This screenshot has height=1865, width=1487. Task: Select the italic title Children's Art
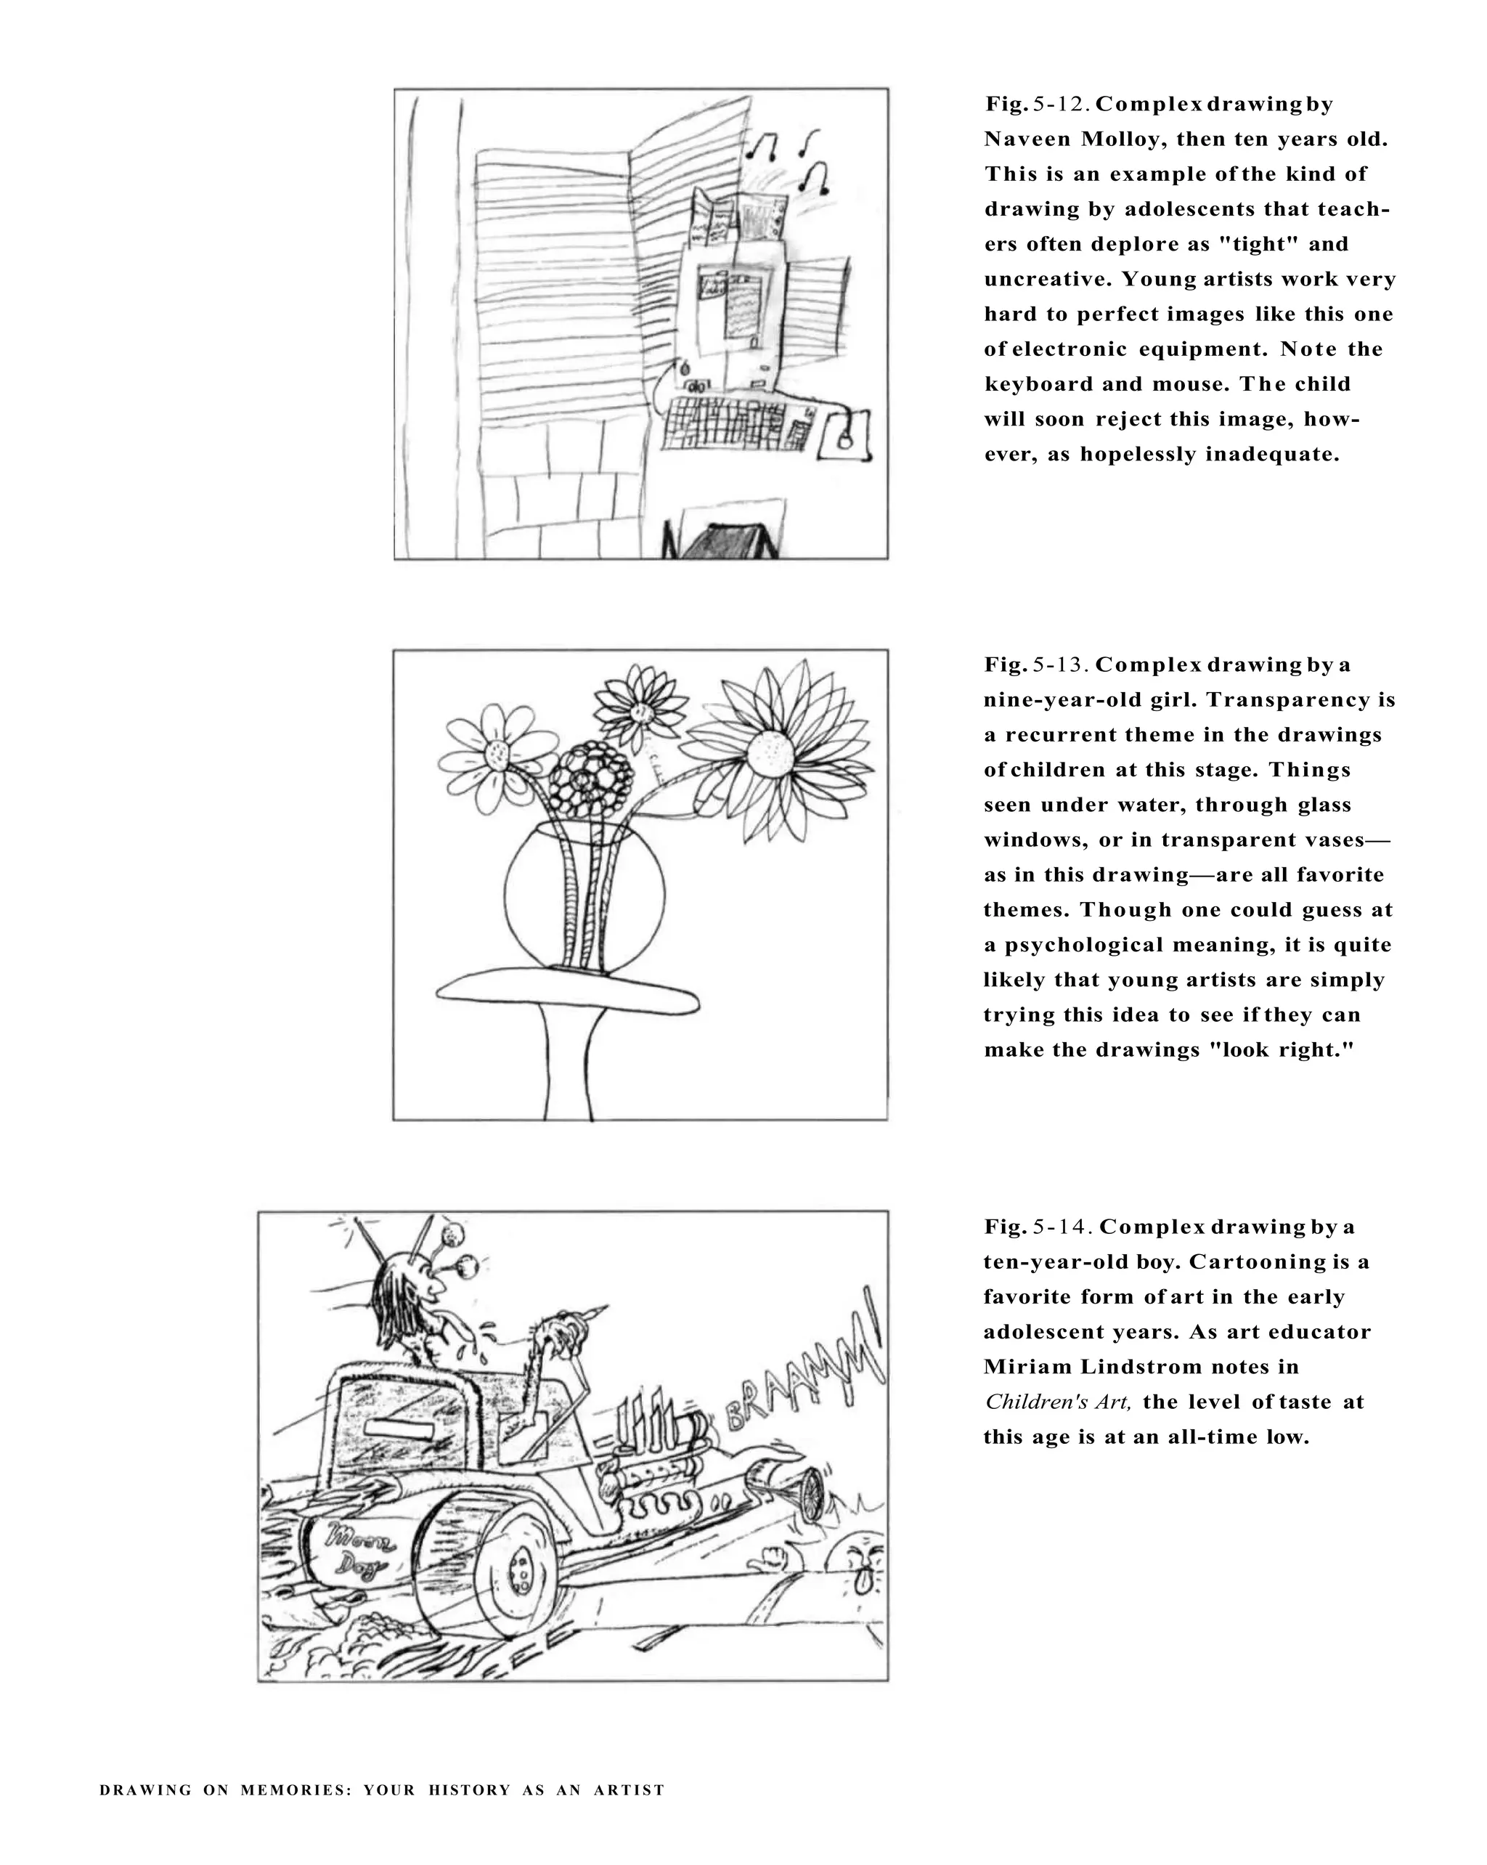tap(1057, 1402)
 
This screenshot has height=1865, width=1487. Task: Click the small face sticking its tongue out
tap(860, 1564)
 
